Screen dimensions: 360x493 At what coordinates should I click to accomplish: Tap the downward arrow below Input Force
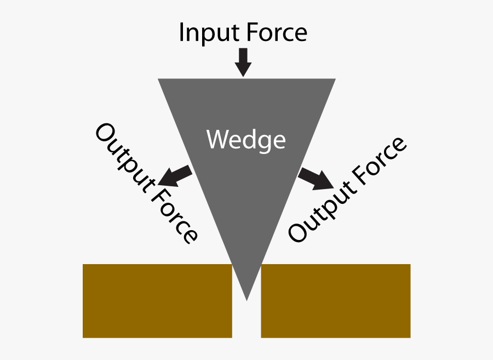pos(243,62)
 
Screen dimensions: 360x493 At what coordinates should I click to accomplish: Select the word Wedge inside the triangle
pos(246,140)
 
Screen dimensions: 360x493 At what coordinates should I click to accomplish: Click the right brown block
pos(335,300)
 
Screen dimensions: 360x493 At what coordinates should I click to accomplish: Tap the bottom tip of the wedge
pos(247,299)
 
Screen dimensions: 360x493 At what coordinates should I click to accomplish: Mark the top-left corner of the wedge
pos(159,79)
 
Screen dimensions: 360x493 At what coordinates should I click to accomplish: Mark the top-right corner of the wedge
pos(335,79)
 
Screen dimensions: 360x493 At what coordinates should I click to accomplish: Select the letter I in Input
pos(182,33)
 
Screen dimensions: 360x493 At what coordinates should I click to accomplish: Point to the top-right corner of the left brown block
pos(232,265)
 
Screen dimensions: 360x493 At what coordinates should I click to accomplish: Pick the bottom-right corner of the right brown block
pos(410,336)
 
